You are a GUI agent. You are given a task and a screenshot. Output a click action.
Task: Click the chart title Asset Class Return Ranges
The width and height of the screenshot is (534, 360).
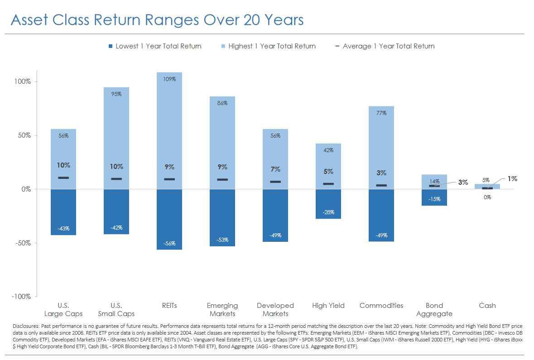[105, 20]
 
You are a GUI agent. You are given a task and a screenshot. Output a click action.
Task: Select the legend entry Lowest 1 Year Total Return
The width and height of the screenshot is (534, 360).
[155, 46]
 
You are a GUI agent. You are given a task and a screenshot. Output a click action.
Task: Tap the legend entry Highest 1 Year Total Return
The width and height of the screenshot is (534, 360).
[269, 46]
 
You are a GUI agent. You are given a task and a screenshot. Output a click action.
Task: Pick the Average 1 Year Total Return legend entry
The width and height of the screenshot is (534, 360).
[385, 46]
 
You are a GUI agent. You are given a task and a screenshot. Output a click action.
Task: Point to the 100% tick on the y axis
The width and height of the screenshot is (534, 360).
[23, 82]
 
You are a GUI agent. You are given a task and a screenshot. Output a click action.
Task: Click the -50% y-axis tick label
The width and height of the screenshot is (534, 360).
[23, 243]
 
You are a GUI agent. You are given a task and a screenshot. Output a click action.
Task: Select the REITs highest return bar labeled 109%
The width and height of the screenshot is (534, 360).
[169, 130]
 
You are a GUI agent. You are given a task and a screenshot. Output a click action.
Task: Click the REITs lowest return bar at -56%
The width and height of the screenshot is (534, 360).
[169, 219]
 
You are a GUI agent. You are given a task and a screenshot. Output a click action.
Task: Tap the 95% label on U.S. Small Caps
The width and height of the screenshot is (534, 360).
[116, 94]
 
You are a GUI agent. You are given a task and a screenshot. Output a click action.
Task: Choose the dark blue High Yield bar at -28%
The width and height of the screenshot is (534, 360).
[328, 204]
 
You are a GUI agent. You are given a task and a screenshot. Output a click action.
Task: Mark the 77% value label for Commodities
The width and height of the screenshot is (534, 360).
[381, 113]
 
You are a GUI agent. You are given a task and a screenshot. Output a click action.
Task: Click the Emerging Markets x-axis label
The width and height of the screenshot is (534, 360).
[222, 310]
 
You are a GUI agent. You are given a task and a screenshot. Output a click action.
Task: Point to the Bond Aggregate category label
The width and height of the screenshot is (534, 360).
[434, 310]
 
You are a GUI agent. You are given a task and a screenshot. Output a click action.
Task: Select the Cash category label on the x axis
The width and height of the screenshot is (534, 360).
[487, 306]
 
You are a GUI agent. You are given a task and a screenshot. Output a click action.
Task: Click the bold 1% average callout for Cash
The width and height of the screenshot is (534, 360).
[512, 179]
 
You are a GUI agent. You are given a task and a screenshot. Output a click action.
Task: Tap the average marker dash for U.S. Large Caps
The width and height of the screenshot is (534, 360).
[63, 178]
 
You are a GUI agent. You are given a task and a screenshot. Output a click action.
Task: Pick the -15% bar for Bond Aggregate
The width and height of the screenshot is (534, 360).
[434, 197]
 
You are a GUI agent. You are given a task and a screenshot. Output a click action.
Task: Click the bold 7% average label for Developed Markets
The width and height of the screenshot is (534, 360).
[275, 169]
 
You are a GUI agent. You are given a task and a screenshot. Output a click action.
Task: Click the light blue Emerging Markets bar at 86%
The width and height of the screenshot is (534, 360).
[222, 143]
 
